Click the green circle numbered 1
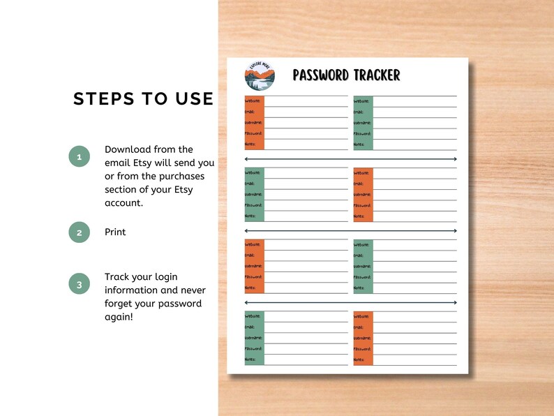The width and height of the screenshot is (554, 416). pyautogui.click(x=80, y=157)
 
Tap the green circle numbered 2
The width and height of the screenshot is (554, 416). pyautogui.click(x=80, y=232)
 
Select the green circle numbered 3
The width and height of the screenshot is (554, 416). pyautogui.click(x=80, y=284)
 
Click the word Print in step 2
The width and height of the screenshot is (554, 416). pyautogui.click(x=115, y=232)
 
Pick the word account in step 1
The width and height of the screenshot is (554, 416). pyautogui.click(x=123, y=202)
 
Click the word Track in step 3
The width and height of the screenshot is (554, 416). pyautogui.click(x=117, y=277)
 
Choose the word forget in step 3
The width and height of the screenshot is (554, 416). pyautogui.click(x=119, y=304)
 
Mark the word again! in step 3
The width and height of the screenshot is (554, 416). pyautogui.click(x=119, y=317)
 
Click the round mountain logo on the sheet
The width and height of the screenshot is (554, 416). pyautogui.click(x=260, y=76)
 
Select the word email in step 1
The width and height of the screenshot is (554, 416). pyautogui.click(x=117, y=163)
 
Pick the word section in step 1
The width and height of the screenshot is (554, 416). pyautogui.click(x=122, y=189)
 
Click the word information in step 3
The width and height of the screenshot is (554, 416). pyautogui.click(x=134, y=290)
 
